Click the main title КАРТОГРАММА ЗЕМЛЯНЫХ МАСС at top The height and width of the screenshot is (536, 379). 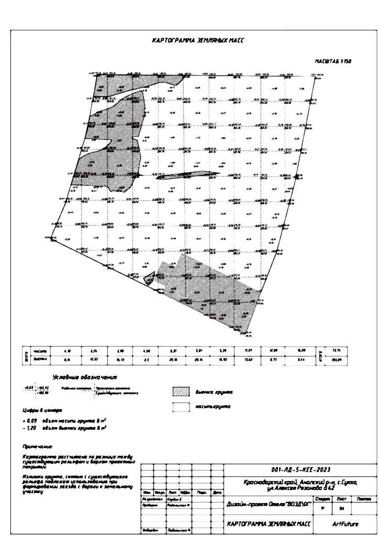click(197, 40)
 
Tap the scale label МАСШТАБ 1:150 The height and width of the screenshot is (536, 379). click(333, 61)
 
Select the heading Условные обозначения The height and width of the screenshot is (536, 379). click(84, 376)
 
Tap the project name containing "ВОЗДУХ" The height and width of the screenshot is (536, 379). click(268, 505)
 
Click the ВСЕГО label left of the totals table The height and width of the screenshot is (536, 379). click(27, 355)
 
